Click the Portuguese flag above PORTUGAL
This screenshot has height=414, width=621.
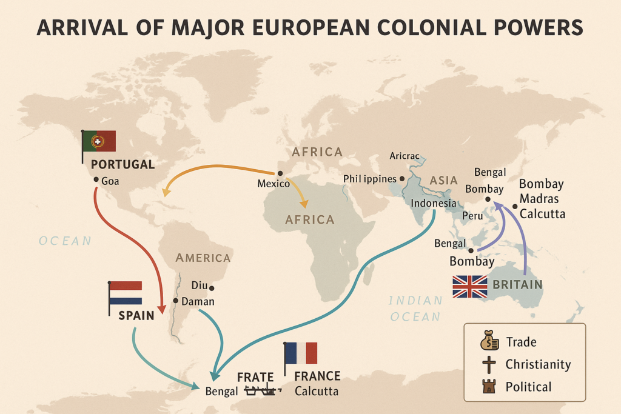click(x=99, y=141)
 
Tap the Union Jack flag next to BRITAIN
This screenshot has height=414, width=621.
click(x=470, y=286)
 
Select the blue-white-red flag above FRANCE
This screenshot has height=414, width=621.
click(x=301, y=353)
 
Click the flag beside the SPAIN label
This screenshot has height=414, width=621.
click(x=126, y=292)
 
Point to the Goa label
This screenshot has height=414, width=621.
click(x=110, y=180)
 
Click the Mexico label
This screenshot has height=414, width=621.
click(x=274, y=183)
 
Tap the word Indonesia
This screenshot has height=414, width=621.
click(x=434, y=203)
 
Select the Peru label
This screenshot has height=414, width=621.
click(x=472, y=216)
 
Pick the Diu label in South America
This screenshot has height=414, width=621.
click(x=200, y=285)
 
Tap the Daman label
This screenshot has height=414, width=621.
click(x=198, y=301)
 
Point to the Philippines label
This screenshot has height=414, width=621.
click(x=370, y=179)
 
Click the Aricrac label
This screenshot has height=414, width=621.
click(x=404, y=156)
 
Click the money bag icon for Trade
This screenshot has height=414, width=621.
click(x=489, y=342)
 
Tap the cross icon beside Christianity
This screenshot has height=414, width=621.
click(x=489, y=365)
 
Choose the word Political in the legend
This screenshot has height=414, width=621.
click(x=529, y=387)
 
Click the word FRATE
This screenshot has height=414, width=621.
click(x=255, y=376)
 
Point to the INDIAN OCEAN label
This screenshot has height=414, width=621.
click(x=415, y=308)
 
